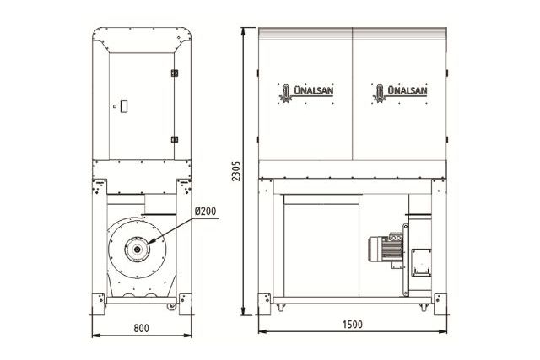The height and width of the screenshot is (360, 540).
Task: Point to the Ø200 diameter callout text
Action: click(206, 211)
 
